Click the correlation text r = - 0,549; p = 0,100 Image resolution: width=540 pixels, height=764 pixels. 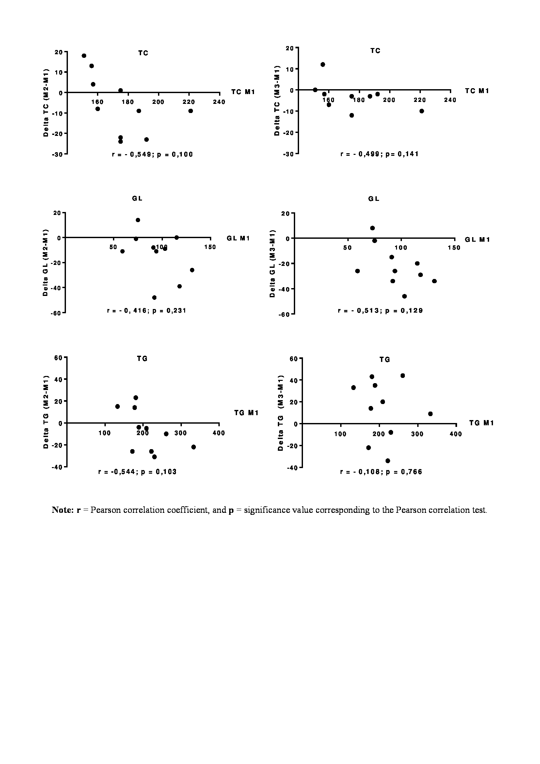[x=152, y=154]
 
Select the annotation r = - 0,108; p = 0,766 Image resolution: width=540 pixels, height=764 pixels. [x=381, y=472]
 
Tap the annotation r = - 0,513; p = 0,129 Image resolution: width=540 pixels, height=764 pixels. [x=380, y=311]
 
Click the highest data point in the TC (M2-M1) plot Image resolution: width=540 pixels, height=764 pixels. [x=84, y=56]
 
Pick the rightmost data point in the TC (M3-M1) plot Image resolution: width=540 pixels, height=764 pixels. [x=421, y=111]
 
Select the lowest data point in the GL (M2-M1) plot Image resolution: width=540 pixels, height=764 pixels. [x=154, y=298]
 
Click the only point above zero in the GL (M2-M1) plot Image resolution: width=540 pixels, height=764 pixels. [x=138, y=220]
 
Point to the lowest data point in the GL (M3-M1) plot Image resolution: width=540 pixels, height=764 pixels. [x=404, y=296]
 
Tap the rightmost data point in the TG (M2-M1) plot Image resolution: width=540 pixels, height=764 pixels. [x=194, y=447]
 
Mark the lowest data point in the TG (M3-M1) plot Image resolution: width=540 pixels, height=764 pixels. [x=388, y=461]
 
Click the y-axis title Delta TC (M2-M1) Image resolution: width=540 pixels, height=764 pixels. [x=46, y=103]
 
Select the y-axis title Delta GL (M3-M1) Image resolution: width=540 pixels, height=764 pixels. [x=272, y=264]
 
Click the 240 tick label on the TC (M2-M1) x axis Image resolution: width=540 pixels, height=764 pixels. [x=219, y=102]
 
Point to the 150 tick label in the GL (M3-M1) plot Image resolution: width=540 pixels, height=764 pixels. [x=454, y=248]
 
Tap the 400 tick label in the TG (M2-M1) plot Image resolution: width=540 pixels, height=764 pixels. [x=219, y=433]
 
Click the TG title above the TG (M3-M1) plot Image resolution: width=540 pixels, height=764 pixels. [x=385, y=360]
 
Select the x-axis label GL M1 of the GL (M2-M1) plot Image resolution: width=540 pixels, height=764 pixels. [x=238, y=238]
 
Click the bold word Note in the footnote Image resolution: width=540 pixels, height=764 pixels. [x=62, y=510]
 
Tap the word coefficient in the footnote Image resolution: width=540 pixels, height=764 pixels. [x=188, y=510]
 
